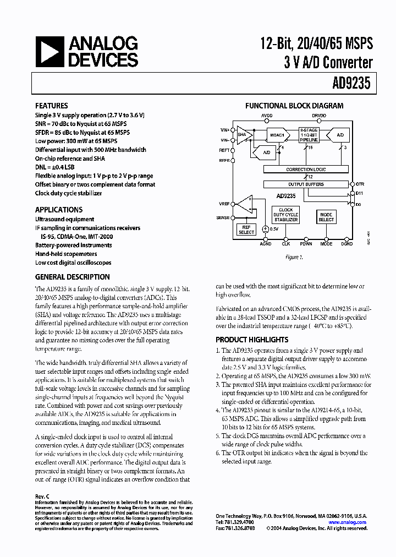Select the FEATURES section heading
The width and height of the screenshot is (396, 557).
(x=52, y=106)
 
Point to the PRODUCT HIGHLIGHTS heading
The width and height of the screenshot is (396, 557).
(x=252, y=340)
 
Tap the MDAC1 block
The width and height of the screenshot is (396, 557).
(x=277, y=135)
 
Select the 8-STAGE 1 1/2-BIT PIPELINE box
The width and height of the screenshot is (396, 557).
(x=309, y=135)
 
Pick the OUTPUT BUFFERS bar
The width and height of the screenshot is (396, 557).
(x=306, y=184)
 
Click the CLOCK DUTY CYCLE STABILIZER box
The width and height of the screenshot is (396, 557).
(x=286, y=215)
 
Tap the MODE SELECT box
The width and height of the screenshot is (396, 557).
(x=326, y=217)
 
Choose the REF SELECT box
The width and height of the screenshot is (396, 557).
(x=246, y=230)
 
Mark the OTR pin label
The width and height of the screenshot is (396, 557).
(x=360, y=184)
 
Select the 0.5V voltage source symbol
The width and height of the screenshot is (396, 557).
(x=265, y=228)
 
